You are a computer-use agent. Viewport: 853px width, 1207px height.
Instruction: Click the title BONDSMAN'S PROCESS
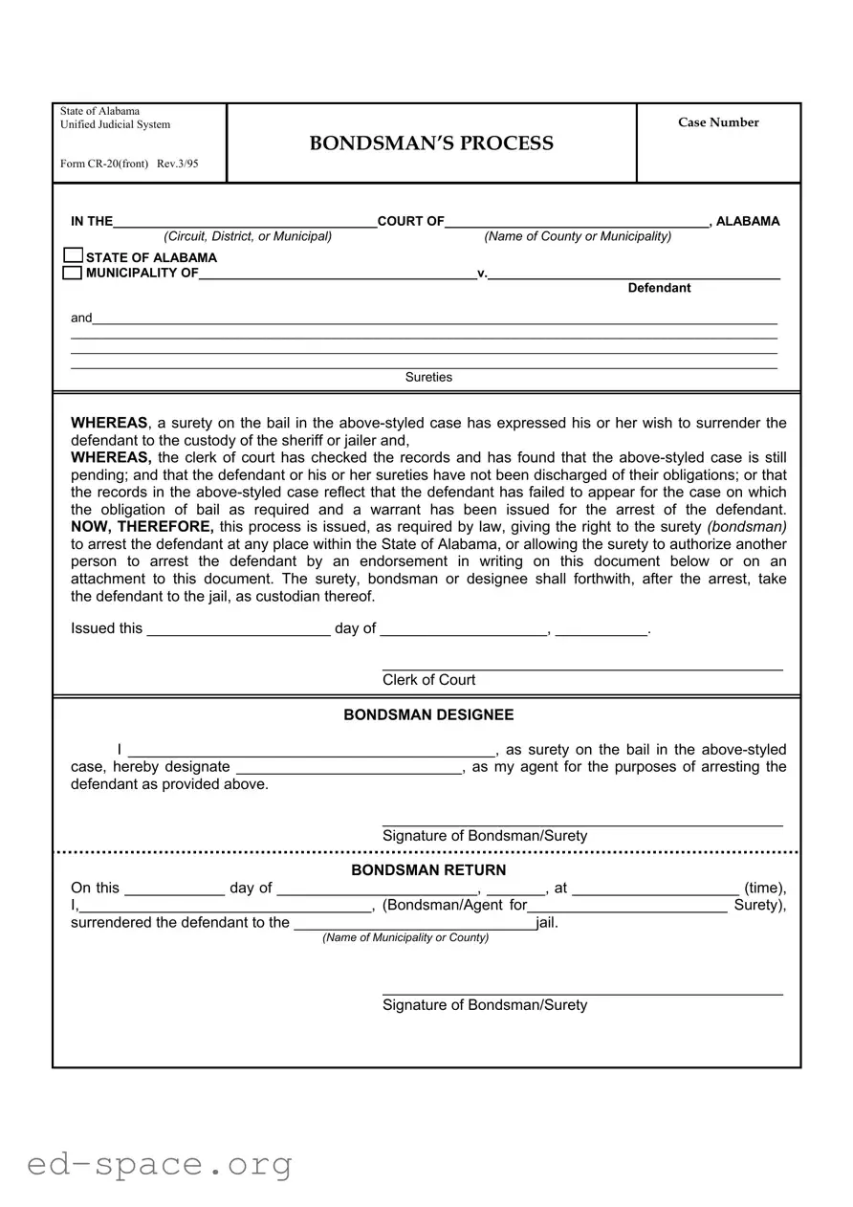(430, 143)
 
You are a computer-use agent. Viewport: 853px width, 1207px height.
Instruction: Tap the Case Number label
(718, 122)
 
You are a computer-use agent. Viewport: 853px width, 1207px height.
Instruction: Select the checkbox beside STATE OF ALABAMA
(73, 256)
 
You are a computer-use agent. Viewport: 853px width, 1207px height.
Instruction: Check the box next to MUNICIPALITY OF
(73, 273)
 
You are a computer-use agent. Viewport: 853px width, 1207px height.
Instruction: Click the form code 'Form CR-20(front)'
(104, 164)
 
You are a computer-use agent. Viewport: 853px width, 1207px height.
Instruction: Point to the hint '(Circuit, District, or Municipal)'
(248, 236)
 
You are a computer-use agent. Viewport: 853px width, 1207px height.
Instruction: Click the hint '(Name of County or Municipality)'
(578, 236)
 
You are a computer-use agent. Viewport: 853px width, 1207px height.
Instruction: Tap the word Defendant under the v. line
(659, 288)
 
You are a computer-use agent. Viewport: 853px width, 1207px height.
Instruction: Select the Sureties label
(428, 377)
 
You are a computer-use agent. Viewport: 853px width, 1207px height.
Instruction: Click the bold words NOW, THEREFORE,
(142, 527)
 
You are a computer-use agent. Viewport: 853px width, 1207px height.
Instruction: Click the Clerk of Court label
(428, 680)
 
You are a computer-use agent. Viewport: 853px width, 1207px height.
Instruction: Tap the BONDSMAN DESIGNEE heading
(428, 715)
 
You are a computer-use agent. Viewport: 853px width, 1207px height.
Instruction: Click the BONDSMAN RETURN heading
(428, 870)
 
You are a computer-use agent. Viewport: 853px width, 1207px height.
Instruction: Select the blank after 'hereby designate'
(349, 767)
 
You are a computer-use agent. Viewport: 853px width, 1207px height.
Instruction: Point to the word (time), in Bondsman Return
(765, 888)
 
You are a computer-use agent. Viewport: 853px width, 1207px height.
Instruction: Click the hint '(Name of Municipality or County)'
(405, 937)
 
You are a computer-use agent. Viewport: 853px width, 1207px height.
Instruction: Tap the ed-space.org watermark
(160, 1164)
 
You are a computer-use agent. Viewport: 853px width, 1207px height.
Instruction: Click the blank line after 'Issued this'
(238, 628)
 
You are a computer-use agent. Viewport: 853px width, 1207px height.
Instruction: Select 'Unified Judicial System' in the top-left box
(115, 124)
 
